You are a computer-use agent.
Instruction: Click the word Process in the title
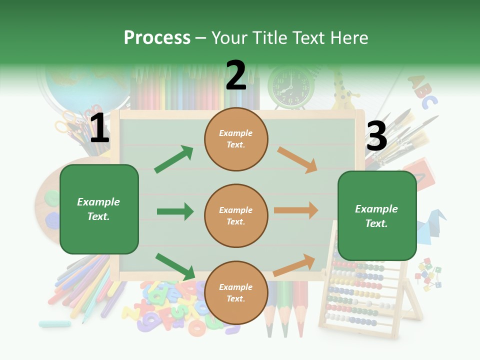coord(157,37)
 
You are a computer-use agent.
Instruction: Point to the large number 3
coord(376,136)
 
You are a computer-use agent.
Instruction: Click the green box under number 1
coord(99,209)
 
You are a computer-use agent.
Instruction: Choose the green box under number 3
coord(377,215)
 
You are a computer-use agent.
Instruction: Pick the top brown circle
coord(236,139)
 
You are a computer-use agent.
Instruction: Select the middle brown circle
coord(236,215)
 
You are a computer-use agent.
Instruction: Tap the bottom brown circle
coord(236,292)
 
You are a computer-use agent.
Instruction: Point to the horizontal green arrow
coord(175,211)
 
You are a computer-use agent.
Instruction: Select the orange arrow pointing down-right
coord(297,159)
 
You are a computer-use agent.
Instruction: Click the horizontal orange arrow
coord(296,210)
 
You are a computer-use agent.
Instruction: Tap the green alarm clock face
coord(291,86)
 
